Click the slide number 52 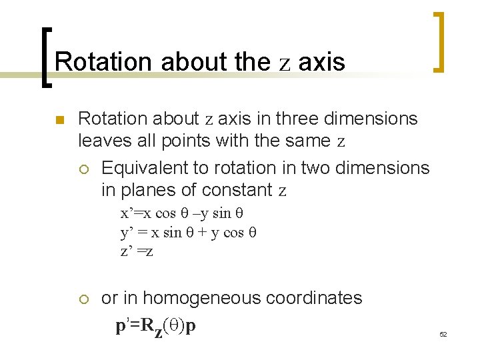443,333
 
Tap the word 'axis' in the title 321,62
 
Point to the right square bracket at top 437,41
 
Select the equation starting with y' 188,232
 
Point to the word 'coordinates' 315,298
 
